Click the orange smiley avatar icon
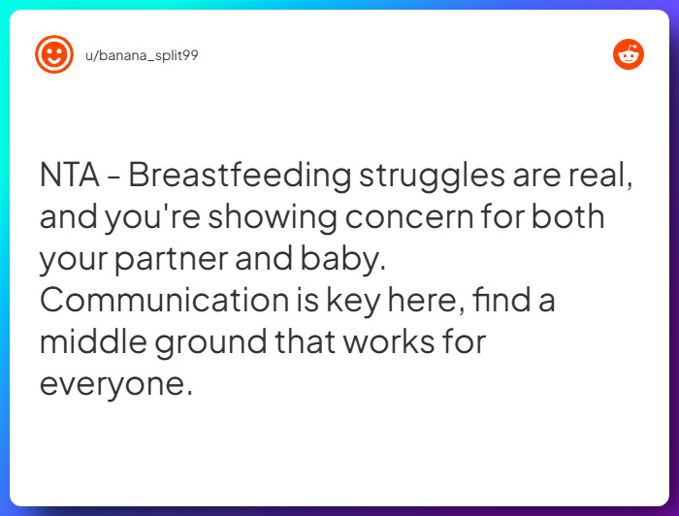(54, 54)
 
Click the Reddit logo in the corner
(629, 54)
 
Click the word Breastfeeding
(240, 176)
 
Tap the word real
(600, 176)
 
